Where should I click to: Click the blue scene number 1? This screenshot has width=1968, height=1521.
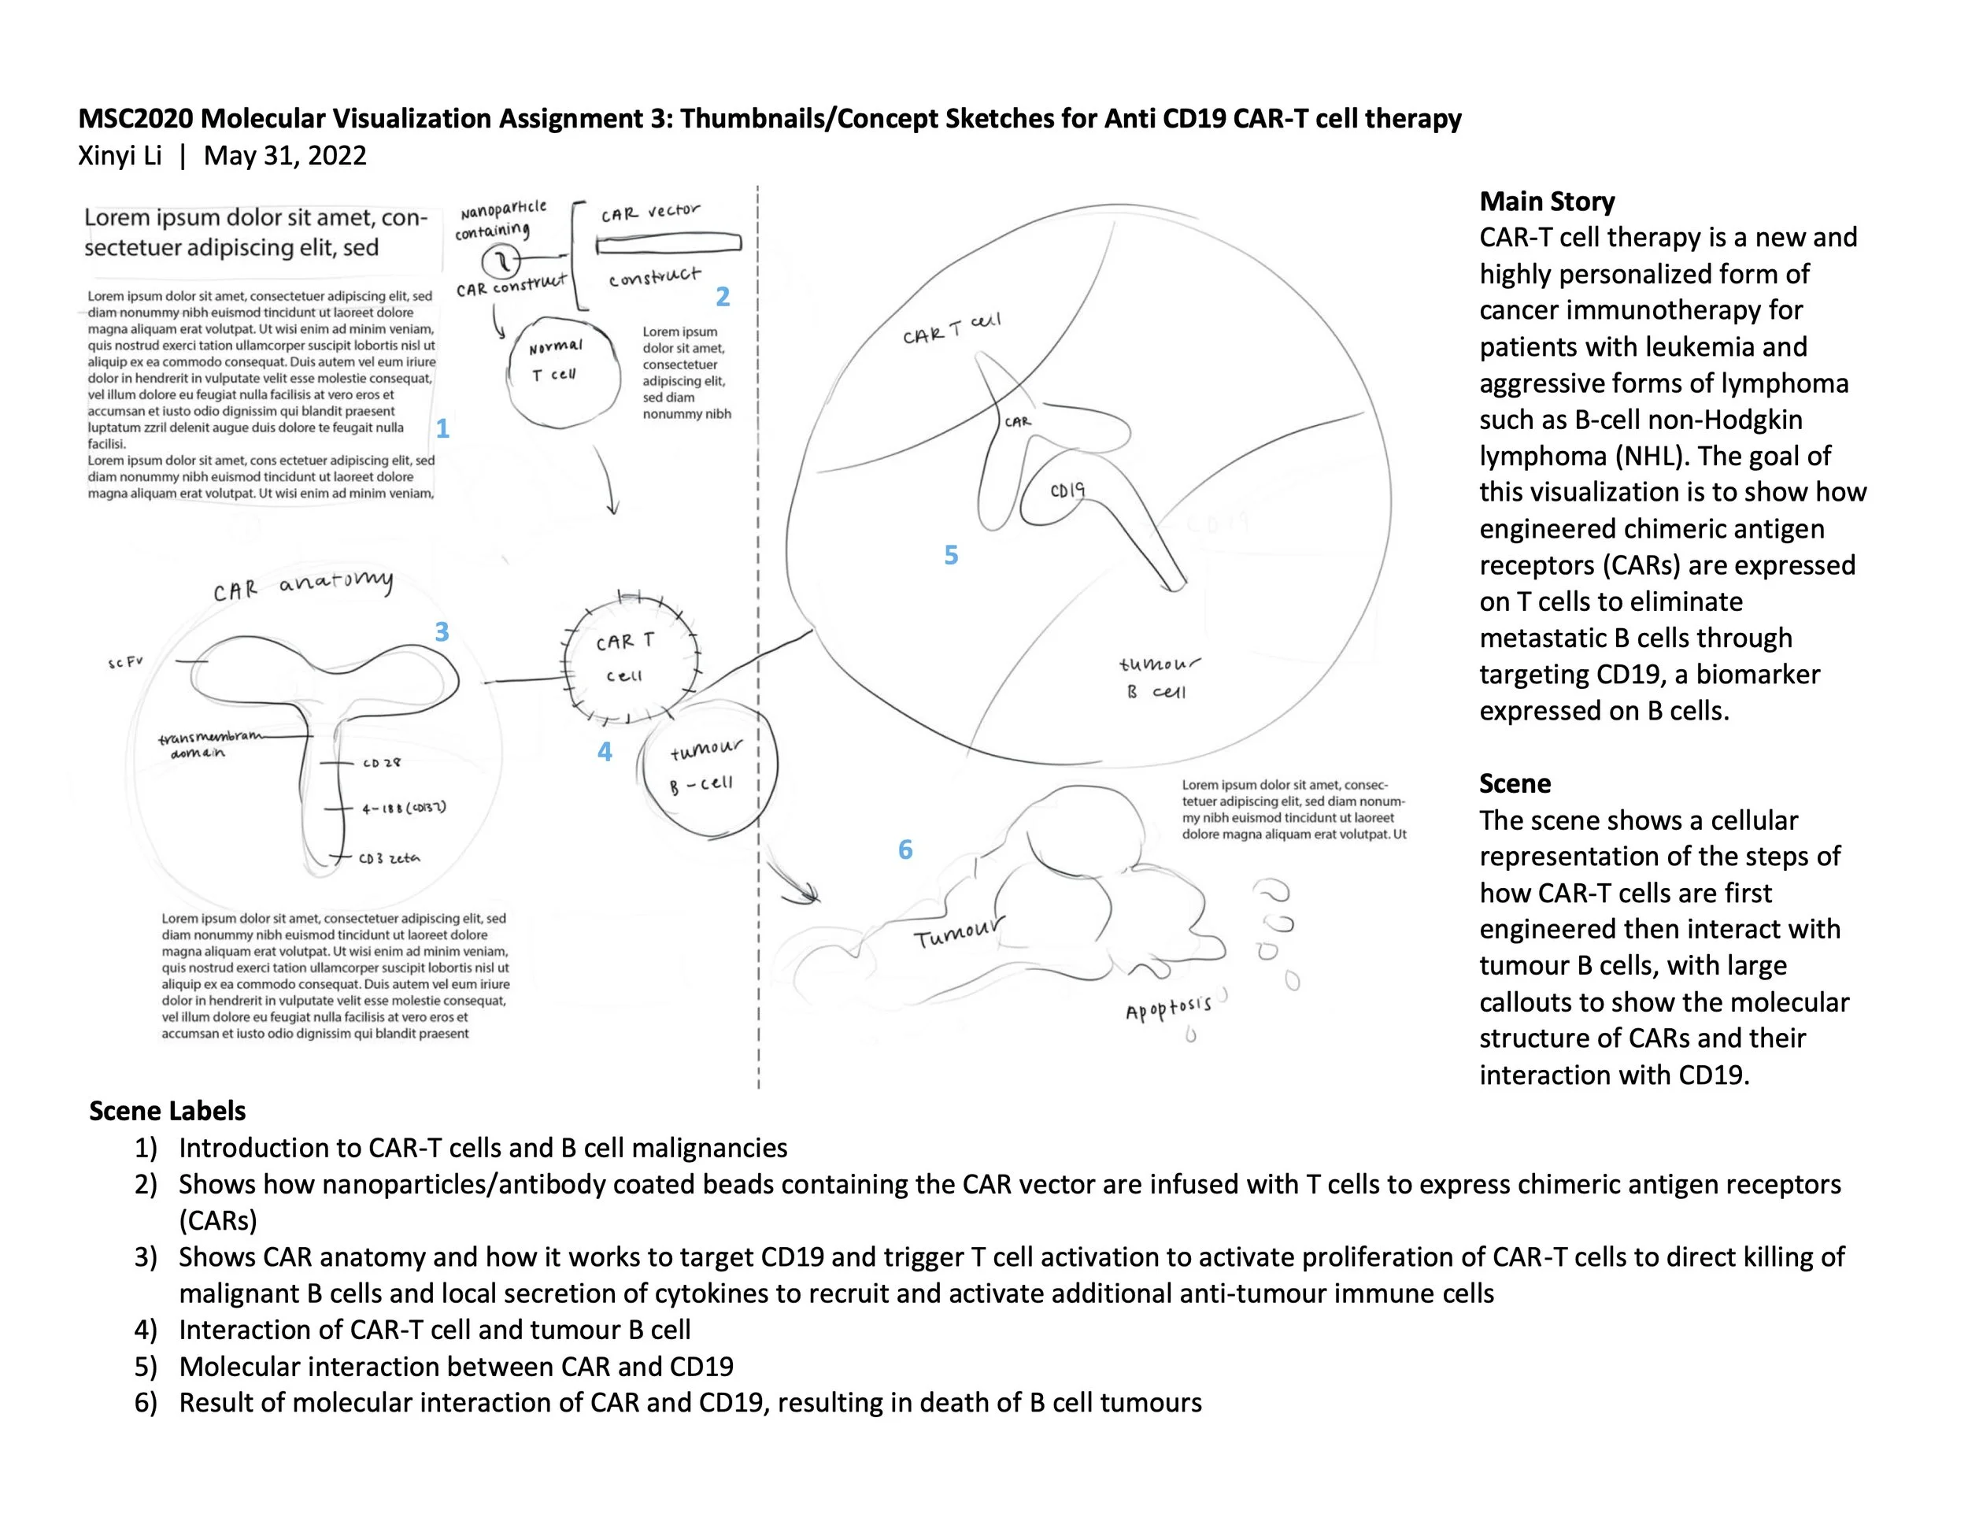click(442, 429)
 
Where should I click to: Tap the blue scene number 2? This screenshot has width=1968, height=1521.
click(722, 297)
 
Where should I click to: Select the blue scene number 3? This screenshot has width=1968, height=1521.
click(442, 631)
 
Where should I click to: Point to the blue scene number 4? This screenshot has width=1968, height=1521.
click(605, 752)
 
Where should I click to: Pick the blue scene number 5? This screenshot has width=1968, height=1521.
click(951, 555)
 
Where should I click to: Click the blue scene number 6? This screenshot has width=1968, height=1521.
click(905, 849)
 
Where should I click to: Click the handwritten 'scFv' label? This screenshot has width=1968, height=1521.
click(125, 662)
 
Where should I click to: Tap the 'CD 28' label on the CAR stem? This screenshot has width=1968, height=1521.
click(381, 763)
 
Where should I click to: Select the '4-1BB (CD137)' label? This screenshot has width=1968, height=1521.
click(404, 809)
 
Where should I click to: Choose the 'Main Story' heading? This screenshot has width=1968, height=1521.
click(1546, 201)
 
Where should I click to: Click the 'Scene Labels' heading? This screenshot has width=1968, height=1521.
click(168, 1110)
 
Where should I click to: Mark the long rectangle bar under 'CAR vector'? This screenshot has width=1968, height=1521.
click(668, 243)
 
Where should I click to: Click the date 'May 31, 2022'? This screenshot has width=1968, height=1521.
click(285, 156)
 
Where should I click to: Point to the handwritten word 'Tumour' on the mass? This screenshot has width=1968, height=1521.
click(958, 934)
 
